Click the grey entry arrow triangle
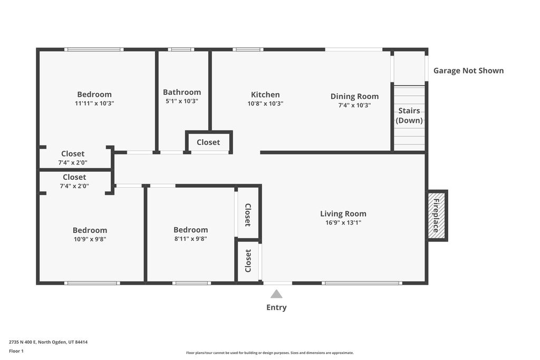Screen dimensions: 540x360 tap(276, 294)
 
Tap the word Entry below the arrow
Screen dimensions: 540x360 tap(276, 307)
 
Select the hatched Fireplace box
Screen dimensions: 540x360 tap(437, 216)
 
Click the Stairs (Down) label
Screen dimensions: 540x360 tap(409, 115)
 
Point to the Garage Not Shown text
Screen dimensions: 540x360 tap(468, 71)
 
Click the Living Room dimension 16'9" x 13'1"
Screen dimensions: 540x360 tap(343, 222)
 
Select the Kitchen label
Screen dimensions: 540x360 tap(265, 95)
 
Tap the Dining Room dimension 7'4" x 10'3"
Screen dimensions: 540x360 tap(354, 105)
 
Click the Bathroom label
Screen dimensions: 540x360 tap(182, 92)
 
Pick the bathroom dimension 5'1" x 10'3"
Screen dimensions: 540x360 tap(182, 101)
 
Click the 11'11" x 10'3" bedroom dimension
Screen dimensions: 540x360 tap(94, 103)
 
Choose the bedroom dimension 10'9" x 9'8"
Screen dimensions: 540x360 tap(90, 239)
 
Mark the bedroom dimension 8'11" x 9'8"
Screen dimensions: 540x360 tap(190, 239)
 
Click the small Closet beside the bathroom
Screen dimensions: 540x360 tap(208, 142)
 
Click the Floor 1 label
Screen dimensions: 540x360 tap(16, 351)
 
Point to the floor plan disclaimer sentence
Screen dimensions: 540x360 tap(270, 353)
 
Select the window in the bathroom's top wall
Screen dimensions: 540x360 tap(181, 50)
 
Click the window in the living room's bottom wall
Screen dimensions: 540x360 tap(362, 283)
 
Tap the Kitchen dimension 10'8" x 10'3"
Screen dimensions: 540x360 tap(265, 104)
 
